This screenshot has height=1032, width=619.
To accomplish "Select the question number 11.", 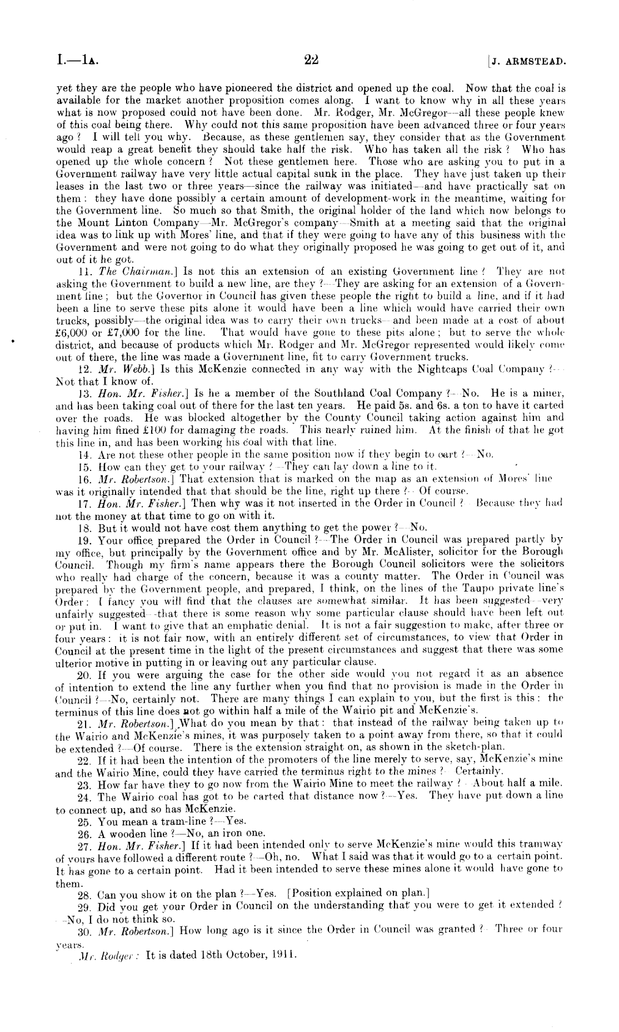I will pyautogui.click(x=86, y=272).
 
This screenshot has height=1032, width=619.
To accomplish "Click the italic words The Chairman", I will pyautogui.click(x=125, y=272).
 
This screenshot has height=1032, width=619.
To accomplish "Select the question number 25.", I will pyautogui.click(x=85, y=821).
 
